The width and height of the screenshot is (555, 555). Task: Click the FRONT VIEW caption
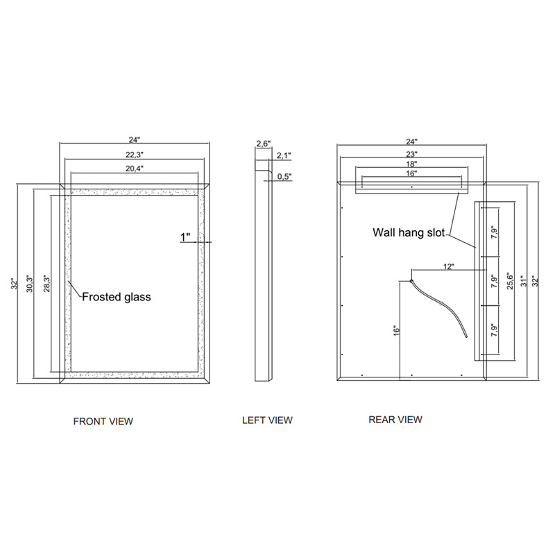pyautogui.click(x=103, y=421)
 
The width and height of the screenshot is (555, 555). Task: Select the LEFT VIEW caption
pyautogui.click(x=267, y=420)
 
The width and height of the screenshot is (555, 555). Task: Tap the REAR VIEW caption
pyautogui.click(x=395, y=419)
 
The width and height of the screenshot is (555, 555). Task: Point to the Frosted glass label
pyautogui.click(x=117, y=297)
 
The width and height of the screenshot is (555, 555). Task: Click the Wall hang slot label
pyautogui.click(x=409, y=232)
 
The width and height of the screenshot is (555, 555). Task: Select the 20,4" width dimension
pyautogui.click(x=135, y=169)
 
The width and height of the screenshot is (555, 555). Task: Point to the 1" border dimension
pyautogui.click(x=185, y=238)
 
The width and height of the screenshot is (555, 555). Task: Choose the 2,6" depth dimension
pyautogui.click(x=263, y=144)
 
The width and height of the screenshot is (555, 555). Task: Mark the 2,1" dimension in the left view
pyautogui.click(x=284, y=156)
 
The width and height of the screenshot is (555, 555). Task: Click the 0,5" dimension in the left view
pyautogui.click(x=284, y=177)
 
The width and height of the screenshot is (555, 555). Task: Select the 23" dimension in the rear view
pyautogui.click(x=411, y=154)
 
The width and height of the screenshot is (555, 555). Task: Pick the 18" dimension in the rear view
pyautogui.click(x=411, y=164)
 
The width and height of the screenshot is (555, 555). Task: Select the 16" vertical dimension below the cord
pyautogui.click(x=396, y=331)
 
